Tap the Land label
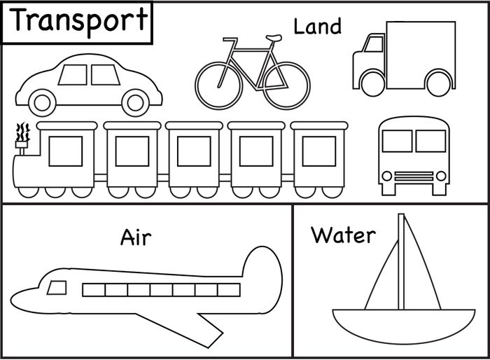tap(317, 27)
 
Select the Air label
tap(136, 237)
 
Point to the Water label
tap(343, 234)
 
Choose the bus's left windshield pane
tap(397, 141)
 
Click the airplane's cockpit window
tap(57, 287)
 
